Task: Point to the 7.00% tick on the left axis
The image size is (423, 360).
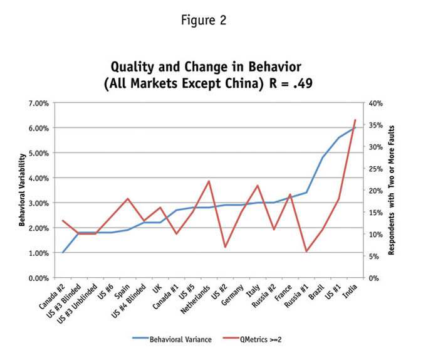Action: pos(38,102)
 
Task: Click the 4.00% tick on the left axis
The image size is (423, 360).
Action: pos(38,177)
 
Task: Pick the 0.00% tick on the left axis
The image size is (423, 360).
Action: pos(38,278)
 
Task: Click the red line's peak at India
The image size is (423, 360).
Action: pos(355,120)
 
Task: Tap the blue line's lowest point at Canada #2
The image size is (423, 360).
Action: pos(63,252)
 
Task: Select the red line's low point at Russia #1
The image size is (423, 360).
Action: pos(306,251)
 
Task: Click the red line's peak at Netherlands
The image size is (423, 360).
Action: pos(209,181)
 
